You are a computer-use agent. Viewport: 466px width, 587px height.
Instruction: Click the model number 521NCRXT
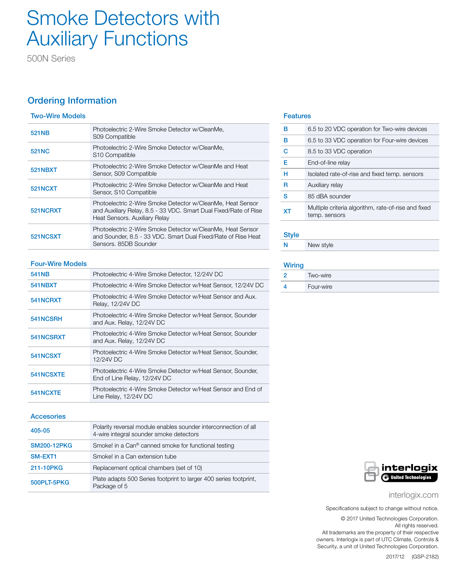pyautogui.click(x=46, y=210)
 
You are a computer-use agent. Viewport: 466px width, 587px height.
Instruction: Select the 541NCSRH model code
pyautogui.click(x=46, y=319)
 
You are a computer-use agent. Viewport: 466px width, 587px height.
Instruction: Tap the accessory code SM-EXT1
pyautogui.click(x=43, y=456)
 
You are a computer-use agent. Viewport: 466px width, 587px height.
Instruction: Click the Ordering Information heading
pyautogui.click(x=72, y=101)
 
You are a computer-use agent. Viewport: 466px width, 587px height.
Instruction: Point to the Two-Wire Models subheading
pyautogui.click(x=58, y=116)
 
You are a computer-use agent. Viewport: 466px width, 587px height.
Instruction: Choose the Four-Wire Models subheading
pyautogui.click(x=58, y=264)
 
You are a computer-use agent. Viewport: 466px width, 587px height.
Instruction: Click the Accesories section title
pyautogui.click(x=48, y=416)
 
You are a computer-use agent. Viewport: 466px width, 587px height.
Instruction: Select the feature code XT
pyautogui.click(x=287, y=211)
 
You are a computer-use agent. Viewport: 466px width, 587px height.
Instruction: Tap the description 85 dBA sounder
pyautogui.click(x=329, y=197)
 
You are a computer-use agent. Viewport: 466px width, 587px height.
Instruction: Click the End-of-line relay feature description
pyautogui.click(x=329, y=163)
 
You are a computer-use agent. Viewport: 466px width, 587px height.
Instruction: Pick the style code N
pyautogui.click(x=285, y=245)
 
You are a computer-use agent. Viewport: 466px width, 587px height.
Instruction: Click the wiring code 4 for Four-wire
pyautogui.click(x=285, y=287)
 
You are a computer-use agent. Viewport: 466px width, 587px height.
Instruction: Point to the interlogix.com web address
pyautogui.click(x=413, y=495)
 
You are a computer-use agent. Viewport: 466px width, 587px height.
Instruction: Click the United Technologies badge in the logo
pyautogui.click(x=409, y=478)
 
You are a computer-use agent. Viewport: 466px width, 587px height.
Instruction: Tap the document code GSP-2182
pyautogui.click(x=425, y=557)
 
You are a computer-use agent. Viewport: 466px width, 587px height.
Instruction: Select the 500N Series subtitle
pyautogui.click(x=51, y=59)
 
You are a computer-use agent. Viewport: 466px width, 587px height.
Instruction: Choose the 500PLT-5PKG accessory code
pyautogui.click(x=50, y=482)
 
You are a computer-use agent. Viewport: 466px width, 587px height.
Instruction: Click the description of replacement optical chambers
pyautogui.click(x=147, y=468)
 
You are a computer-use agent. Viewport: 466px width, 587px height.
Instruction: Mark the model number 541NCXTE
pyautogui.click(x=46, y=393)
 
